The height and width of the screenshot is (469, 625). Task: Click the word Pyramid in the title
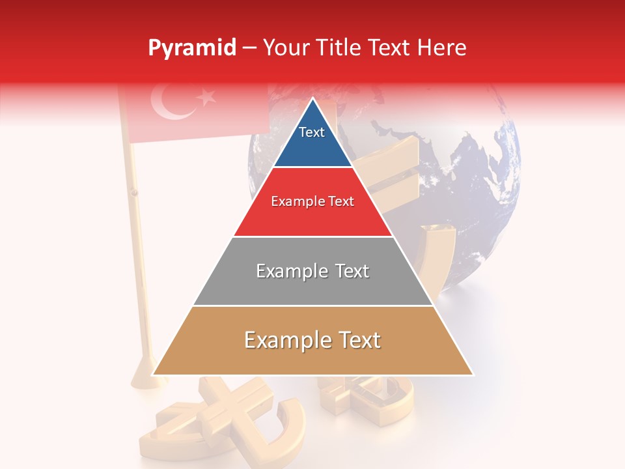click(191, 48)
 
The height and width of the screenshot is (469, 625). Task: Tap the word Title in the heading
click(342, 48)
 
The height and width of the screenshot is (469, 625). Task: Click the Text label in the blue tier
click(312, 132)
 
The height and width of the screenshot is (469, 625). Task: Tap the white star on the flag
click(207, 98)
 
